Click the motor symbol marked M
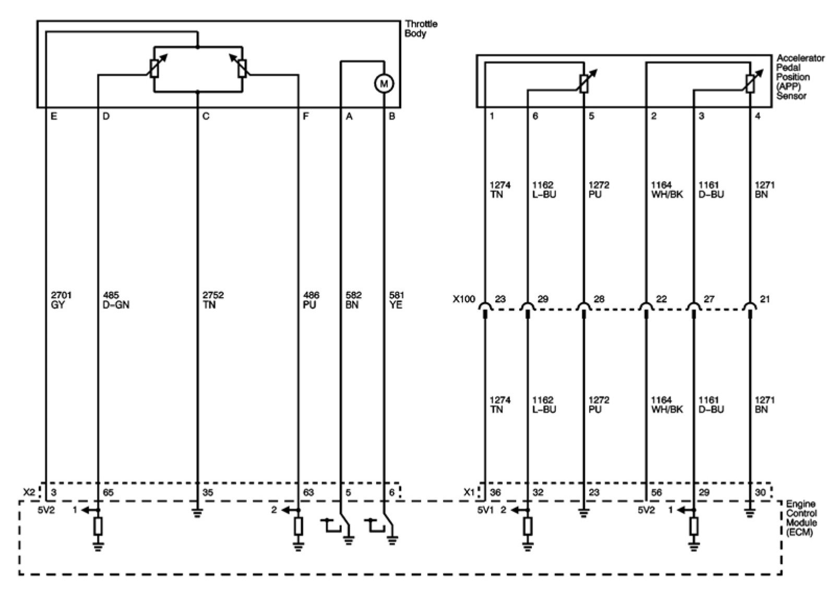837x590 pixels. tap(384, 83)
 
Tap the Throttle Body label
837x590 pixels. tap(421, 29)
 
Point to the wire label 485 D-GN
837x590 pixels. tap(115, 300)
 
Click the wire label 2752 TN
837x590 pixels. tap(212, 300)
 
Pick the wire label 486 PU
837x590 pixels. tap(310, 300)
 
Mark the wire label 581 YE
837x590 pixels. tap(396, 300)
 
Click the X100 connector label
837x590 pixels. tap(464, 300)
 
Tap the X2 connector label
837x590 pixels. tap(29, 492)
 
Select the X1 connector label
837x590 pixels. tap(469, 492)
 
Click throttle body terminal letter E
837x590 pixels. tap(53, 116)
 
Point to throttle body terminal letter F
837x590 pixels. tap(306, 116)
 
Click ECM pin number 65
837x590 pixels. tap(109, 492)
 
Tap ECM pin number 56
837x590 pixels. tap(656, 492)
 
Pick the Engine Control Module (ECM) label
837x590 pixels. tap(802, 518)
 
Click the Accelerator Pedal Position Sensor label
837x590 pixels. tap(800, 77)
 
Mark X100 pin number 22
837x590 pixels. tap(661, 300)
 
